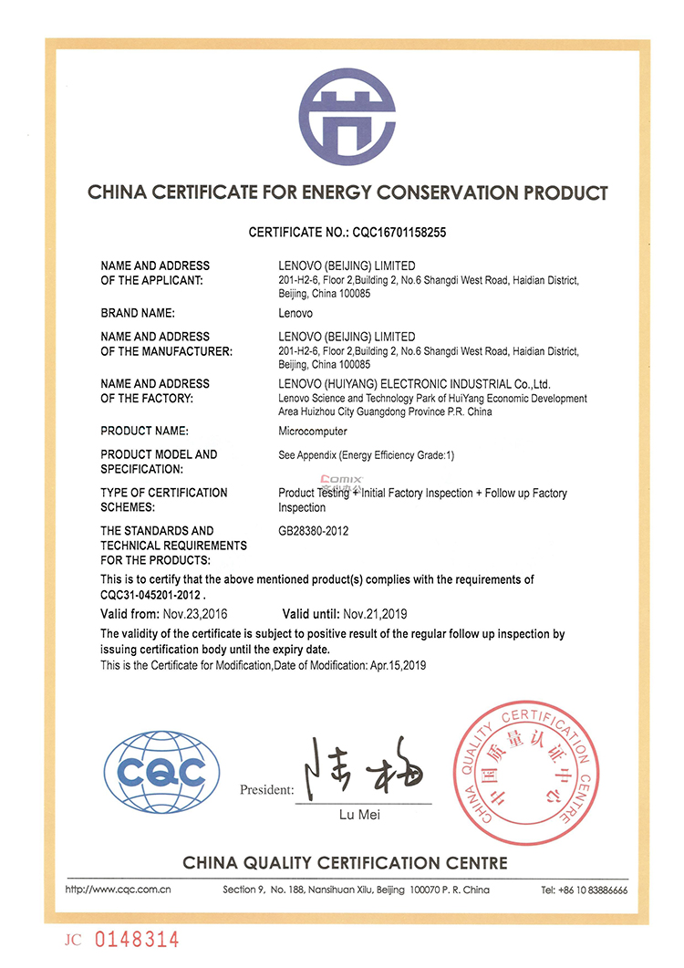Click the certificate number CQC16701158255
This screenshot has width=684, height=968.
(399, 233)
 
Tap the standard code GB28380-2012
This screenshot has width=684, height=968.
(314, 531)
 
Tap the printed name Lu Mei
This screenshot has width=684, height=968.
(364, 813)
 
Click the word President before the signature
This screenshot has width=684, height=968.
(266, 789)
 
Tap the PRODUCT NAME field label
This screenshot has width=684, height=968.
(145, 431)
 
